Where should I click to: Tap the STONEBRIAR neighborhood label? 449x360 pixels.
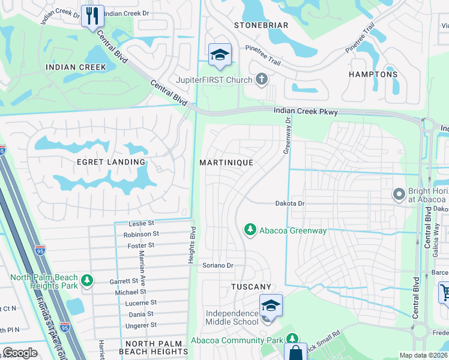tap(261, 25)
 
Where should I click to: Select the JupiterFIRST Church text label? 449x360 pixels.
tap(212, 79)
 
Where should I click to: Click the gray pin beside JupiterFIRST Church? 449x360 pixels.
tap(261, 79)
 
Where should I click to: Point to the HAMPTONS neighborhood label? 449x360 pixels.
tap(373, 74)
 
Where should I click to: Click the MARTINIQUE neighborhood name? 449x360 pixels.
tap(226, 163)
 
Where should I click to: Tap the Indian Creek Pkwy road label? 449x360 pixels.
tap(306, 112)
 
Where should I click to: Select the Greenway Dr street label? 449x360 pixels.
tap(288, 136)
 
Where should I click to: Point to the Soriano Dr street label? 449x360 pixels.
tap(217, 265)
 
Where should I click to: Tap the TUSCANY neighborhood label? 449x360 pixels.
tap(251, 287)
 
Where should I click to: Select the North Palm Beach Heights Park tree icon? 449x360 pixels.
tap(88, 280)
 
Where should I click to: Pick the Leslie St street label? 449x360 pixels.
tap(142, 223)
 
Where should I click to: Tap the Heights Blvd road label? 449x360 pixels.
tap(194, 239)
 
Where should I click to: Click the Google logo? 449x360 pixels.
tap(20, 353)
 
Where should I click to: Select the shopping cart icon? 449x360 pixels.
tap(444, 293)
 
